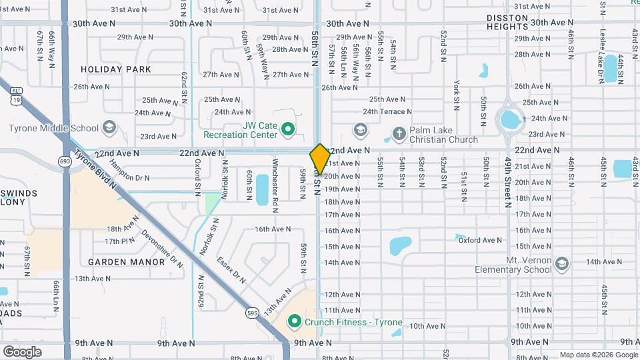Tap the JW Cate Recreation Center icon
pos(288,128)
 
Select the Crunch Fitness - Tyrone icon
pos(294,322)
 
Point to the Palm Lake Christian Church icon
pos(399,133)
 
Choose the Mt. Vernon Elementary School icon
pos(562,263)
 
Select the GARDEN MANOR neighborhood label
pos(127,262)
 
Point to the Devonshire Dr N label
pos(162,249)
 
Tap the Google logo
pos(22,351)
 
